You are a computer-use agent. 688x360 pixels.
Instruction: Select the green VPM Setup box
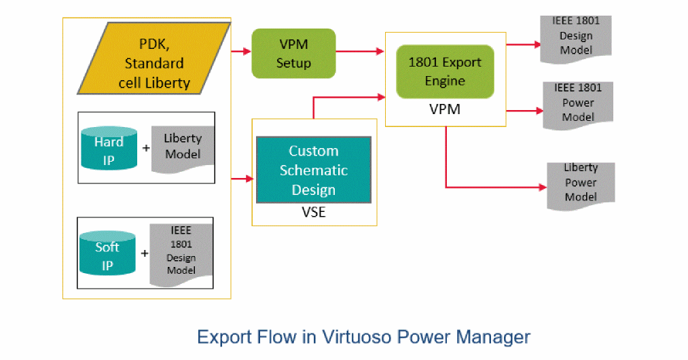(x=293, y=53)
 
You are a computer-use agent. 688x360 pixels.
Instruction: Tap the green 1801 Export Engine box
(x=445, y=71)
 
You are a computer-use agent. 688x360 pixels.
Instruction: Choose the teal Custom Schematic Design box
(x=313, y=170)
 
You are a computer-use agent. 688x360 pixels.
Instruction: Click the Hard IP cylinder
(x=109, y=149)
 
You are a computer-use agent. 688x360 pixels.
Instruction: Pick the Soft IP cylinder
(x=107, y=255)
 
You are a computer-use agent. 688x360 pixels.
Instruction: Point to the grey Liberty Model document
(x=183, y=146)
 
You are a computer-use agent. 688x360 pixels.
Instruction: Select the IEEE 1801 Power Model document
(x=577, y=103)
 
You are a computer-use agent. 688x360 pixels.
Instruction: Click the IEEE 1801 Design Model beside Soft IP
(x=181, y=252)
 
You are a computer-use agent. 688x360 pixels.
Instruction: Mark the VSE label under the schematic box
(x=313, y=212)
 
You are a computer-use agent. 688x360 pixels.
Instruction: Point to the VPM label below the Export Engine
(x=446, y=109)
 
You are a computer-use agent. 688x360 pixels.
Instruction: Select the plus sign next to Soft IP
(x=144, y=253)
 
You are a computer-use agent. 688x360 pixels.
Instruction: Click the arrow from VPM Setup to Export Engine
(x=359, y=52)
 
